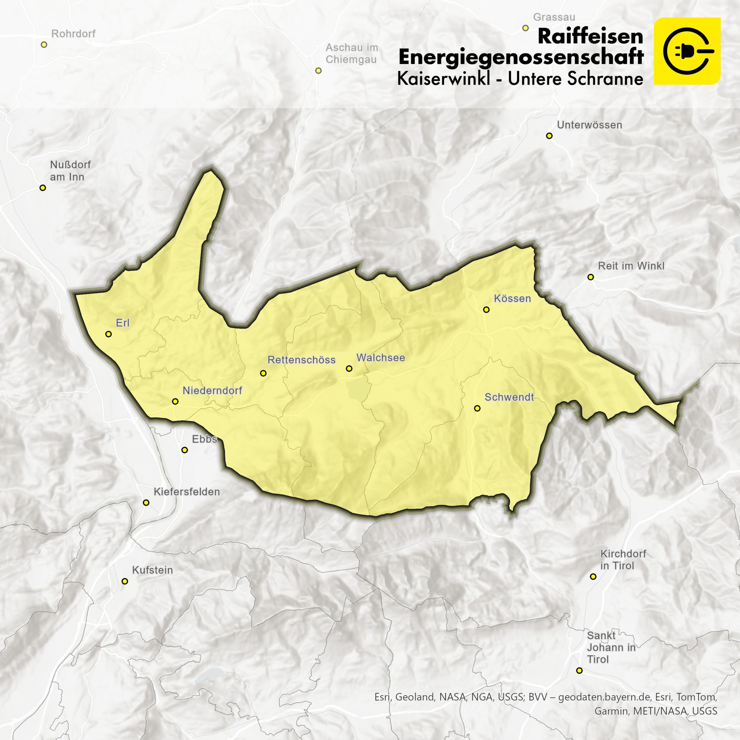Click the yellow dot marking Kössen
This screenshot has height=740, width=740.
486,309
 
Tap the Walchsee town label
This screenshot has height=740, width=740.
380,358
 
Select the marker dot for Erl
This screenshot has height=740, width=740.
108,334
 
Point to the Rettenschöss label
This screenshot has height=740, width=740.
302,360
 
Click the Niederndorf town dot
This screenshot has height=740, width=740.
175,401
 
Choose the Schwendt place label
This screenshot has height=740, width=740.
509,397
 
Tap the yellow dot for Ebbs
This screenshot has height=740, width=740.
185,450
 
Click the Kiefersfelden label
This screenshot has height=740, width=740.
186,491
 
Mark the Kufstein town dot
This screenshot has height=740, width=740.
124,581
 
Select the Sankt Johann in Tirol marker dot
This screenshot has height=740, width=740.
579,671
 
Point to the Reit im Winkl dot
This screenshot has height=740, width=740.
591,277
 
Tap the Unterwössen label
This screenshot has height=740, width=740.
589,125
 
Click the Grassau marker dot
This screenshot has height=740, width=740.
525,28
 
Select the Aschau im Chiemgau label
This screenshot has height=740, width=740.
351,53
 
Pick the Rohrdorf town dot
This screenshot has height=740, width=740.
44,44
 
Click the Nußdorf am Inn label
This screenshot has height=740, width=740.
70,171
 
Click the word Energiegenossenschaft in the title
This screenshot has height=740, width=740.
521,58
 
